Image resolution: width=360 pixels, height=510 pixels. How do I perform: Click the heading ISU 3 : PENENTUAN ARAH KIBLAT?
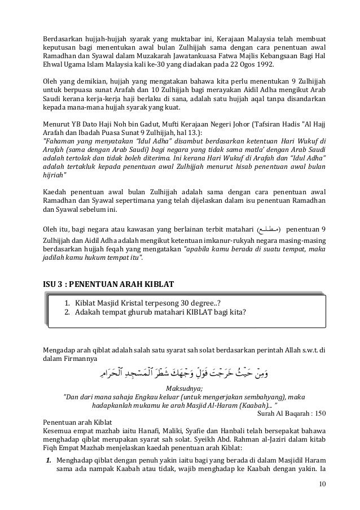(109, 282)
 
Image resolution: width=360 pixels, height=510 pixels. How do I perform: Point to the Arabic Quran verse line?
(191, 372)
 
